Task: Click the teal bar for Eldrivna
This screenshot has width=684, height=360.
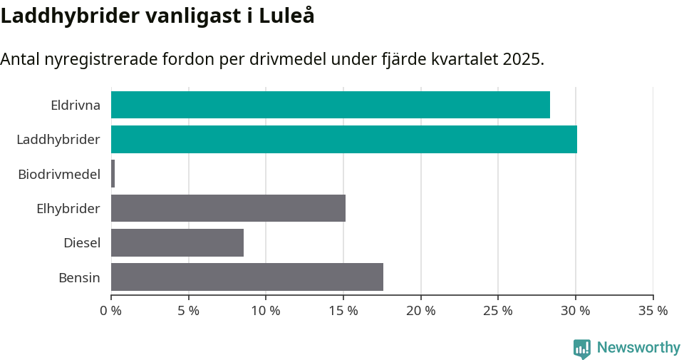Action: pos(330,105)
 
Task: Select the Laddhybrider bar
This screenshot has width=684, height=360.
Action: pos(343,139)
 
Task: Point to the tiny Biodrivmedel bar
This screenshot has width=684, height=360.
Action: pos(113,174)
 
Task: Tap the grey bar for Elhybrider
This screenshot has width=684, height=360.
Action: pos(228,208)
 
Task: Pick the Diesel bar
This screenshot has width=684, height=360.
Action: pos(177,242)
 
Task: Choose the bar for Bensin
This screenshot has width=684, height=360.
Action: pos(247,277)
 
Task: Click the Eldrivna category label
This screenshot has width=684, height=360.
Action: pos(75,105)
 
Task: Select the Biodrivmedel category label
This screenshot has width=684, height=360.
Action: pos(58,174)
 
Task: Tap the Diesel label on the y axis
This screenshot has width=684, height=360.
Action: pos(81,242)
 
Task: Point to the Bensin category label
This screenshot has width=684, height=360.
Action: pos(79,277)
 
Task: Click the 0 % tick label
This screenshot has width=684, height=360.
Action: pos(111,311)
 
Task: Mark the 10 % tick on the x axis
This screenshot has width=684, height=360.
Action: pos(266,311)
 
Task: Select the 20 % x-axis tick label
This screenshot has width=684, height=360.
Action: pos(420,311)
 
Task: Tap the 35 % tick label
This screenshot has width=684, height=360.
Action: pos(653,311)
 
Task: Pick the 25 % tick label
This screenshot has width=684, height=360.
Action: pos(498,311)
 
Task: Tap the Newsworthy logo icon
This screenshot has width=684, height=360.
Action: pos(582,349)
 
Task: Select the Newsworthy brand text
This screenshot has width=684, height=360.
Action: pos(638,348)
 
